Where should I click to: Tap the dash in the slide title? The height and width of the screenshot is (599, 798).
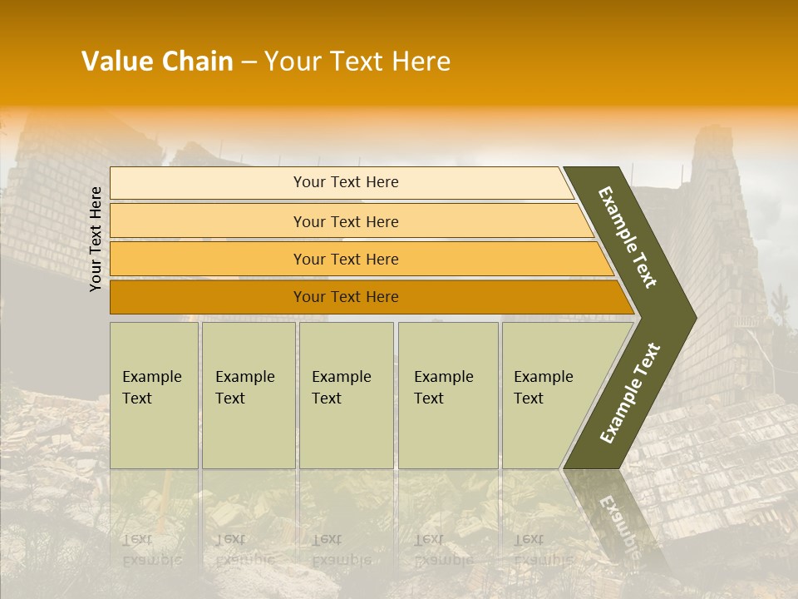point(249,62)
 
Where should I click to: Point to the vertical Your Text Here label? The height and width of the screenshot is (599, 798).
point(96,239)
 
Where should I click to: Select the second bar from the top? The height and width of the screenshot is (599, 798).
point(346,221)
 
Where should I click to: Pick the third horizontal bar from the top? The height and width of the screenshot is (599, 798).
point(346,260)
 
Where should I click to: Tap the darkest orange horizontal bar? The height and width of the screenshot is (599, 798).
point(346,297)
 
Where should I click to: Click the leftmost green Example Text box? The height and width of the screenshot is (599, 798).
point(154,394)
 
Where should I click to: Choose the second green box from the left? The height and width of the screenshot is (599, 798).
point(248,394)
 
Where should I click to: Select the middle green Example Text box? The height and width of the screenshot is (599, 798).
point(346,394)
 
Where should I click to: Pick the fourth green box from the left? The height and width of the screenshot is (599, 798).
point(447,394)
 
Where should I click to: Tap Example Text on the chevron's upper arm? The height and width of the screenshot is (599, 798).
point(628,237)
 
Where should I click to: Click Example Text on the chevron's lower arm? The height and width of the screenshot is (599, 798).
point(630,394)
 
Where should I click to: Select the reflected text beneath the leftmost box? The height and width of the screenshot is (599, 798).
point(152,549)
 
